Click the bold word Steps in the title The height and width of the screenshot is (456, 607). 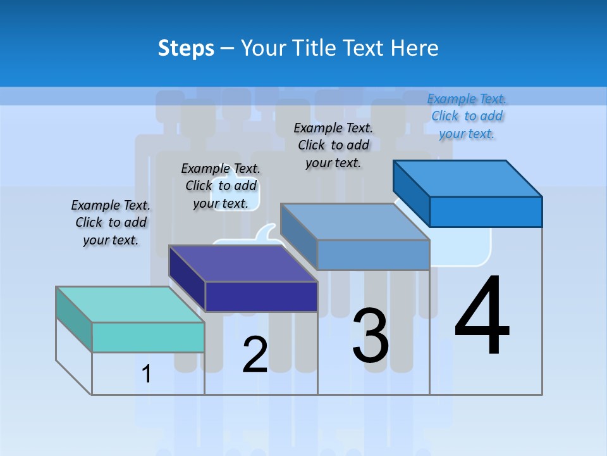pyautogui.click(x=186, y=48)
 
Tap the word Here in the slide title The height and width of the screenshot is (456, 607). pyautogui.click(x=415, y=48)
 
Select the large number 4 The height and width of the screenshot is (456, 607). pyautogui.click(x=482, y=317)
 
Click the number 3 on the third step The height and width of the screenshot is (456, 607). pyautogui.click(x=371, y=336)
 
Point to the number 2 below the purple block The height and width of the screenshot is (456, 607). pyautogui.click(x=255, y=355)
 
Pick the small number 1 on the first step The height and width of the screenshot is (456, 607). pyautogui.click(x=147, y=374)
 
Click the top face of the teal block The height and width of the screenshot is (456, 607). pyautogui.click(x=130, y=305)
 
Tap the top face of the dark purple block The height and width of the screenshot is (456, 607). pyautogui.click(x=243, y=263)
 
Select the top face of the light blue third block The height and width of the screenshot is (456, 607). pyautogui.click(x=355, y=222)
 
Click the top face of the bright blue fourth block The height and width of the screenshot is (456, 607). pyautogui.click(x=467, y=179)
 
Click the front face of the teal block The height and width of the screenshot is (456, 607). pyautogui.click(x=148, y=337)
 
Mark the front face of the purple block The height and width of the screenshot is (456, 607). pyautogui.click(x=261, y=296)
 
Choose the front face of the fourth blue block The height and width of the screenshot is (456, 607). pyautogui.click(x=486, y=212)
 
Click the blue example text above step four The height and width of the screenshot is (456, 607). pyautogui.click(x=467, y=117)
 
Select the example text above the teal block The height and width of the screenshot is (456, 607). pyautogui.click(x=111, y=223)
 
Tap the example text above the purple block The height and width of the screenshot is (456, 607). pyautogui.click(x=221, y=186)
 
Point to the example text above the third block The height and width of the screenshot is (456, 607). pyautogui.click(x=333, y=145)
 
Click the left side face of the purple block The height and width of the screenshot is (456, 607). pyautogui.click(x=187, y=279)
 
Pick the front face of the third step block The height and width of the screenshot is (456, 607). pyautogui.click(x=373, y=255)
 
